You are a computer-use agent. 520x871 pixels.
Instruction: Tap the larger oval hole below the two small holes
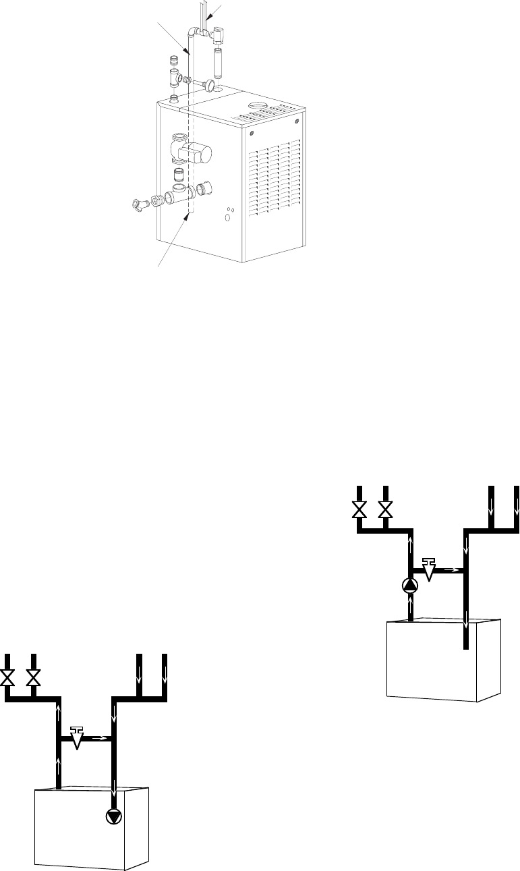227,217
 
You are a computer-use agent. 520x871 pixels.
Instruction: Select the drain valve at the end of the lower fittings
140,203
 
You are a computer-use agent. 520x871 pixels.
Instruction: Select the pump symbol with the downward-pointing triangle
114,816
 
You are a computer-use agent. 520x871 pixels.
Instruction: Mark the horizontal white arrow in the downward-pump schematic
99,738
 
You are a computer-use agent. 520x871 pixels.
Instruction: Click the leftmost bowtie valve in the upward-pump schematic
359,509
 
